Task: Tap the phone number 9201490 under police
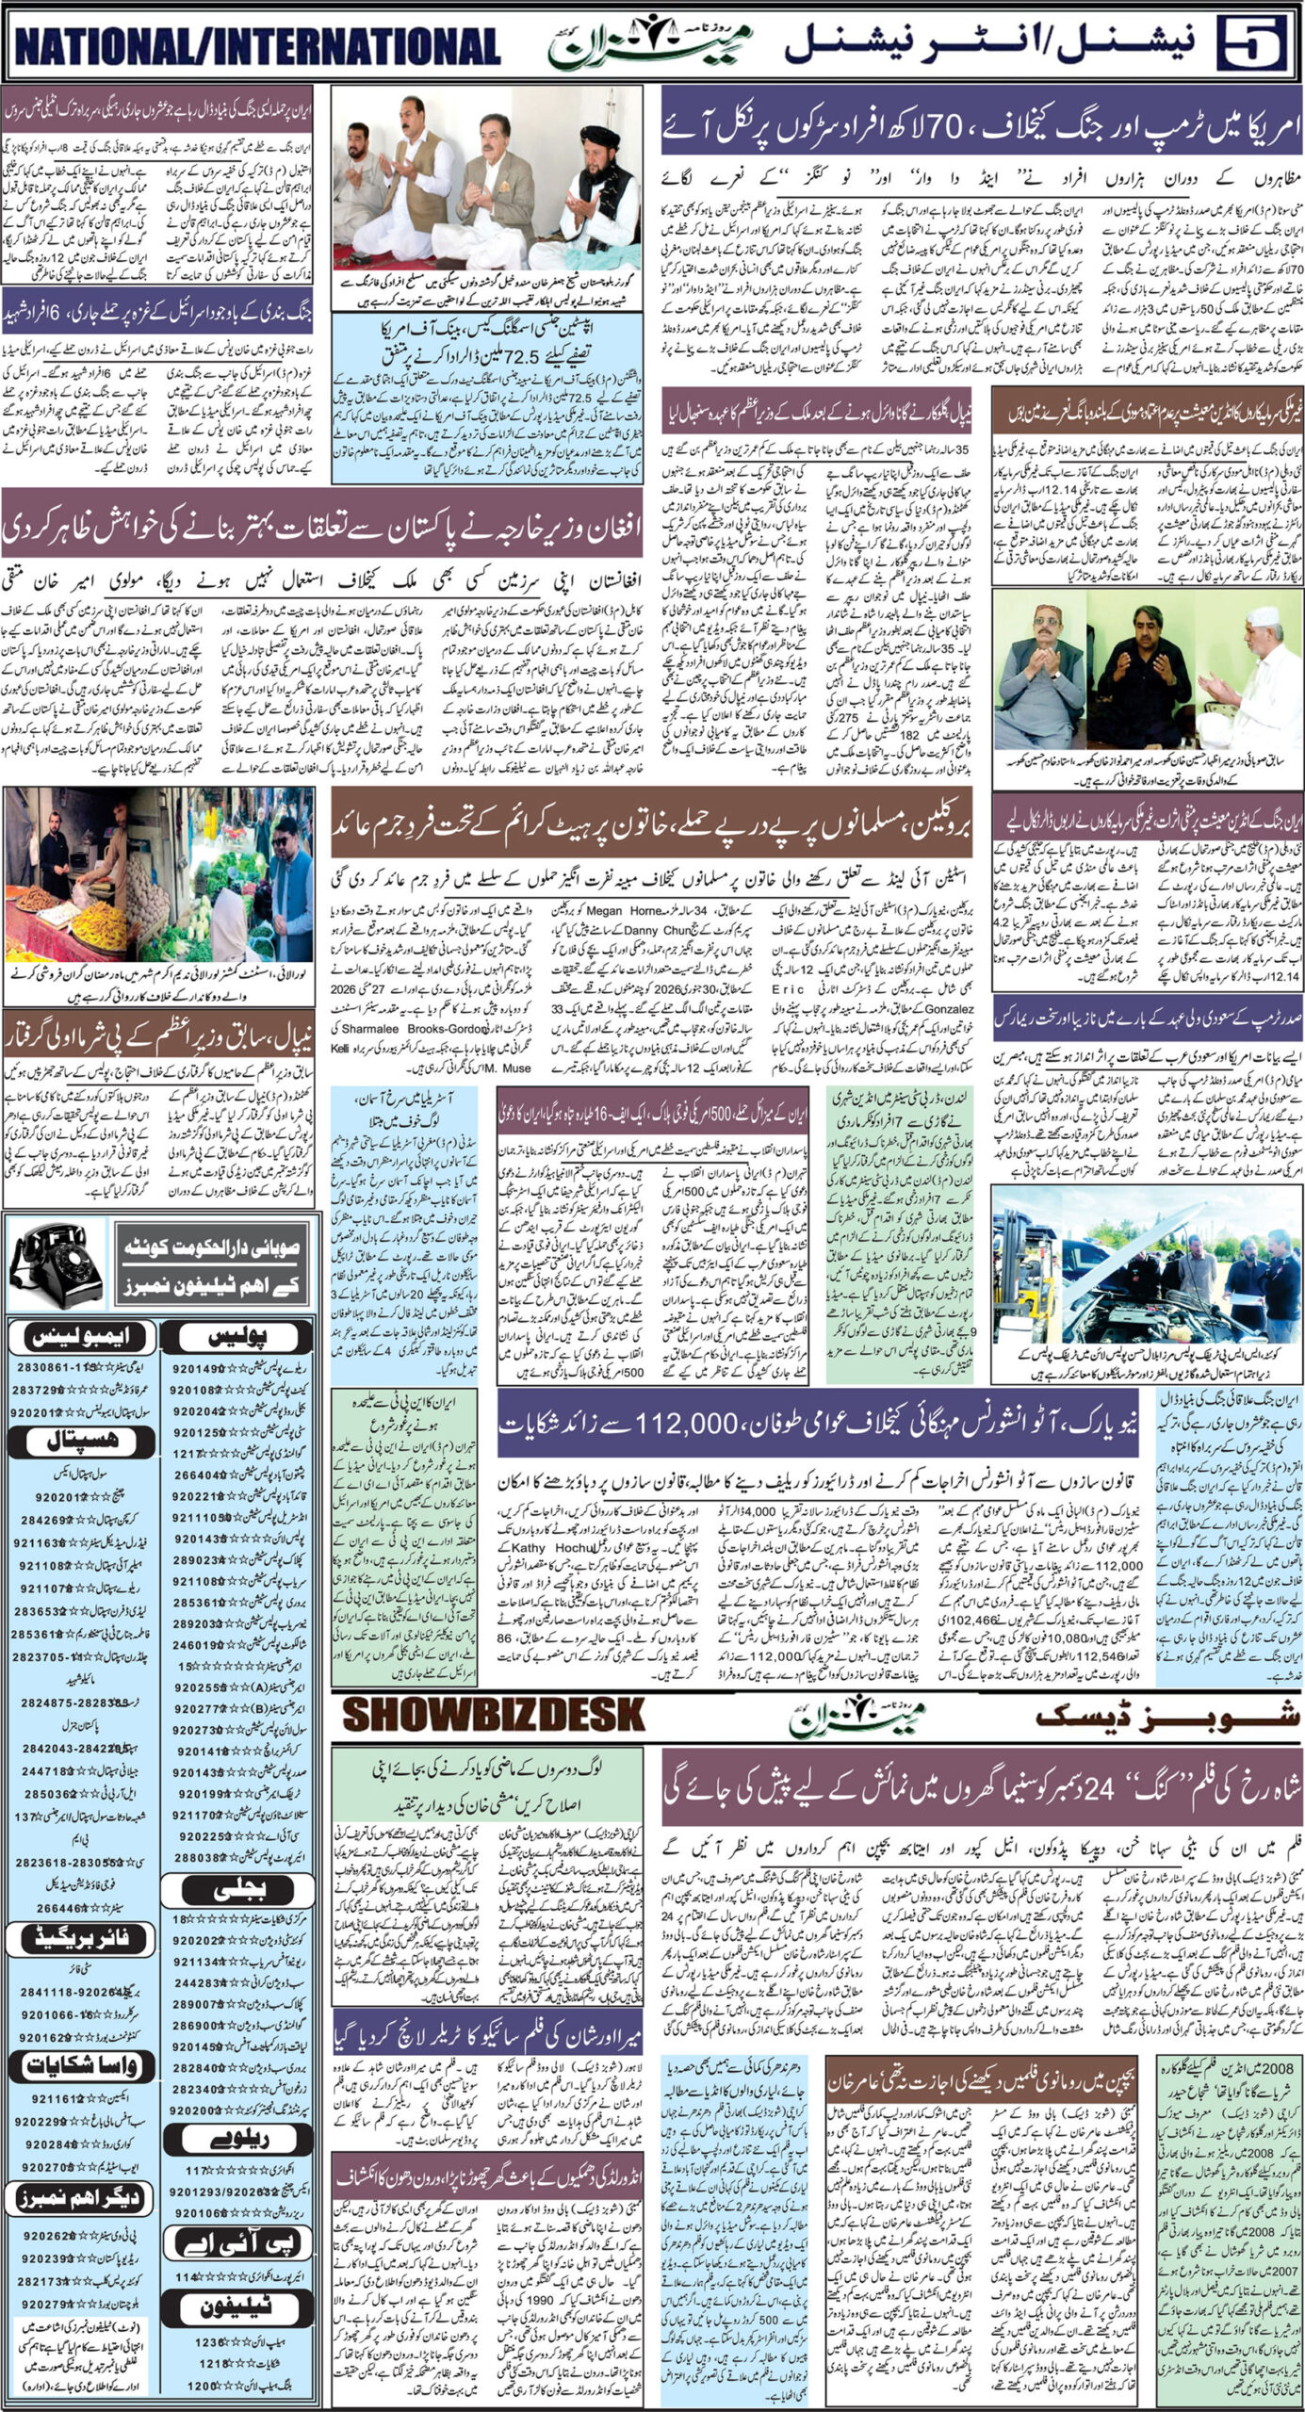point(195,1368)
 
